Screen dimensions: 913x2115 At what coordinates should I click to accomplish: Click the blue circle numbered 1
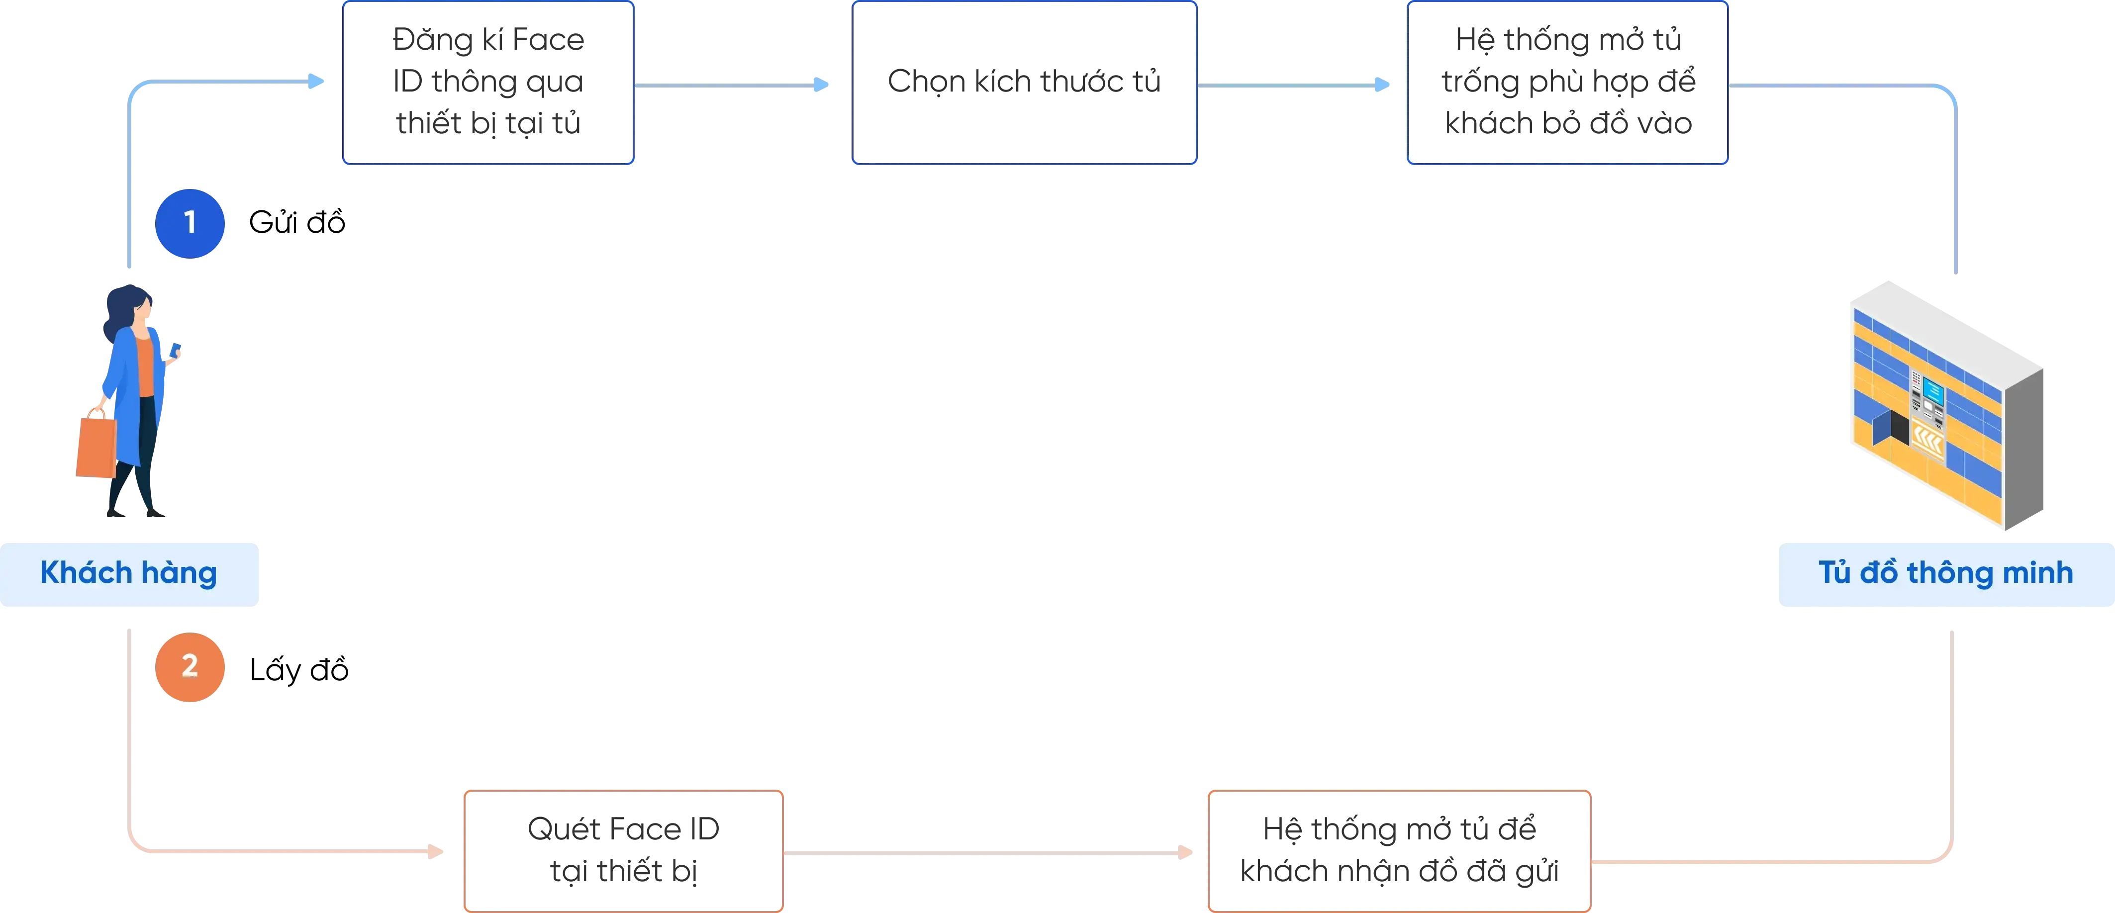pyautogui.click(x=191, y=222)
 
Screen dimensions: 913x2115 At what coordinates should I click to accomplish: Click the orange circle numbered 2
pyautogui.click(x=191, y=667)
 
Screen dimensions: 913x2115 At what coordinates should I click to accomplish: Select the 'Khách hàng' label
pyautogui.click(x=129, y=573)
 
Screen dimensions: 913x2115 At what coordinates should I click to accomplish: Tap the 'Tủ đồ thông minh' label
pyautogui.click(x=1945, y=573)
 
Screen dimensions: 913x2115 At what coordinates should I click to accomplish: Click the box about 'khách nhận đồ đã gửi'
pyautogui.click(x=1398, y=850)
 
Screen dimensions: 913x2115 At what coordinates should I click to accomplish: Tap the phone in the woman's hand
pyautogui.click(x=176, y=350)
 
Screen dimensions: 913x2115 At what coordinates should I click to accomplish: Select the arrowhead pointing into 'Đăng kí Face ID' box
pyautogui.click(x=316, y=81)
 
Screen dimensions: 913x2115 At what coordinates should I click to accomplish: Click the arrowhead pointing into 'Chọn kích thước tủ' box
pyautogui.click(x=821, y=85)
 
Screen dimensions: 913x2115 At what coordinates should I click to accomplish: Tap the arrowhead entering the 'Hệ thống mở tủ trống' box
pyautogui.click(x=1383, y=85)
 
